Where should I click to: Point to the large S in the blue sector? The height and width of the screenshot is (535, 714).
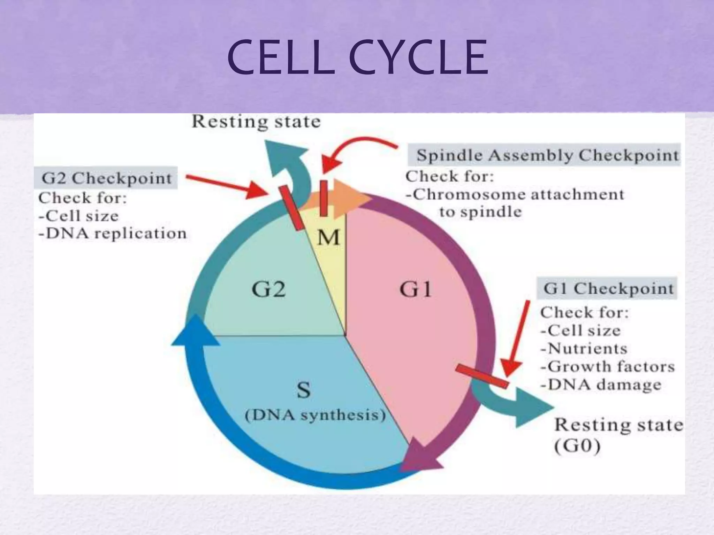pyautogui.click(x=303, y=390)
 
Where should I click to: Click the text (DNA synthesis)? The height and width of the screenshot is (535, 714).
pyautogui.click(x=315, y=416)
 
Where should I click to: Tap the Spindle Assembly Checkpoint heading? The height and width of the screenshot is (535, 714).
pyautogui.click(x=548, y=155)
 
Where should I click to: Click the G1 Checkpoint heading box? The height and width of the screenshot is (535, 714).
pyautogui.click(x=608, y=288)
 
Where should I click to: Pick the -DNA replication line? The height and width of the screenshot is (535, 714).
pyautogui.click(x=113, y=233)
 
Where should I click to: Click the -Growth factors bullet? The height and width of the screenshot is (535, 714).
pyautogui.click(x=607, y=366)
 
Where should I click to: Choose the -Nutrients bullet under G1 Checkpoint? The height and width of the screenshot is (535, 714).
pyautogui.click(x=584, y=348)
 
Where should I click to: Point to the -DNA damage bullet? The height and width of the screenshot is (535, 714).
pyautogui.click(x=600, y=385)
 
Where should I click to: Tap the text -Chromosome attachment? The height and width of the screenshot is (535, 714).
pyautogui.click(x=515, y=194)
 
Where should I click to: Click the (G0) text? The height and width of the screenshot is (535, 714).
pyautogui.click(x=577, y=447)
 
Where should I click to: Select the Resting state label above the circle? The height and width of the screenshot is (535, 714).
pyautogui.click(x=256, y=122)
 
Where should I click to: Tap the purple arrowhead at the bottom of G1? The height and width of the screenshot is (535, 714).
pyautogui.click(x=420, y=456)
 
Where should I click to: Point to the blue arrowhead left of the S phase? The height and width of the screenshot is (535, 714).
pyautogui.click(x=196, y=333)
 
